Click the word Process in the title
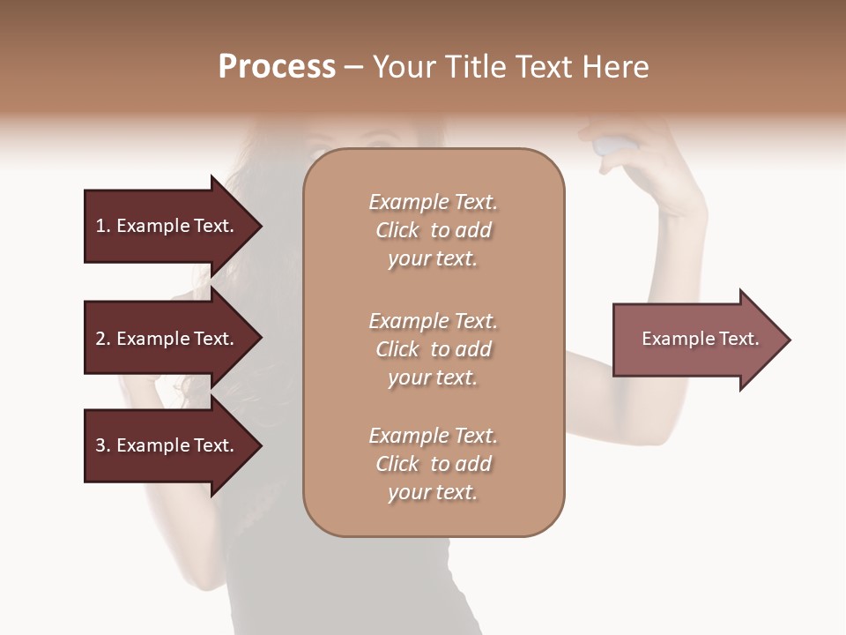point(277,67)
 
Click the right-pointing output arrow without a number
point(696,340)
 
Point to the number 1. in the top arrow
point(103,226)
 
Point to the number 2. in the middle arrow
point(103,339)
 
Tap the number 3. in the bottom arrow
point(103,445)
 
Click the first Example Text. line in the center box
point(433,202)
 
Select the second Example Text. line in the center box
point(433,321)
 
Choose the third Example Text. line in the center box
point(433,436)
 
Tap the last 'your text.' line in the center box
point(433,492)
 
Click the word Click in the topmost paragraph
point(397,230)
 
